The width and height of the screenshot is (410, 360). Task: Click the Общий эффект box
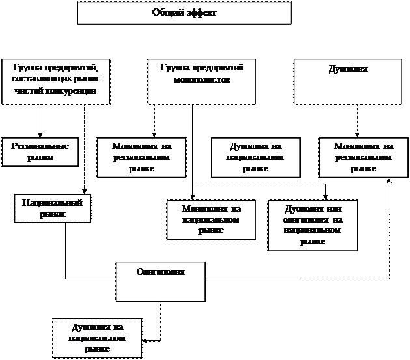point(184,13)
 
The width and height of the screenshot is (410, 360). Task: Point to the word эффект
point(200,12)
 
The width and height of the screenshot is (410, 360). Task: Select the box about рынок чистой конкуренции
point(55,81)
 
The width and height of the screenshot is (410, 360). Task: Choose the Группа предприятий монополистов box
point(202,81)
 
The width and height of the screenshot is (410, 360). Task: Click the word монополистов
point(202,79)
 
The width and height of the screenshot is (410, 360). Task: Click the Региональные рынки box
point(40,152)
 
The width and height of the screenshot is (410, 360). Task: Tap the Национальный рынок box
point(53,208)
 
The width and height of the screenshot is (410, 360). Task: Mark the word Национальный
point(53,202)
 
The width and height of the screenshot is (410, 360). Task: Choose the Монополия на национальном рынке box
point(212,220)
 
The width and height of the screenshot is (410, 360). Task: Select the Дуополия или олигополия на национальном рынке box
point(313,225)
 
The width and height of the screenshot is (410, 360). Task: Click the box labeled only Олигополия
point(160,281)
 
